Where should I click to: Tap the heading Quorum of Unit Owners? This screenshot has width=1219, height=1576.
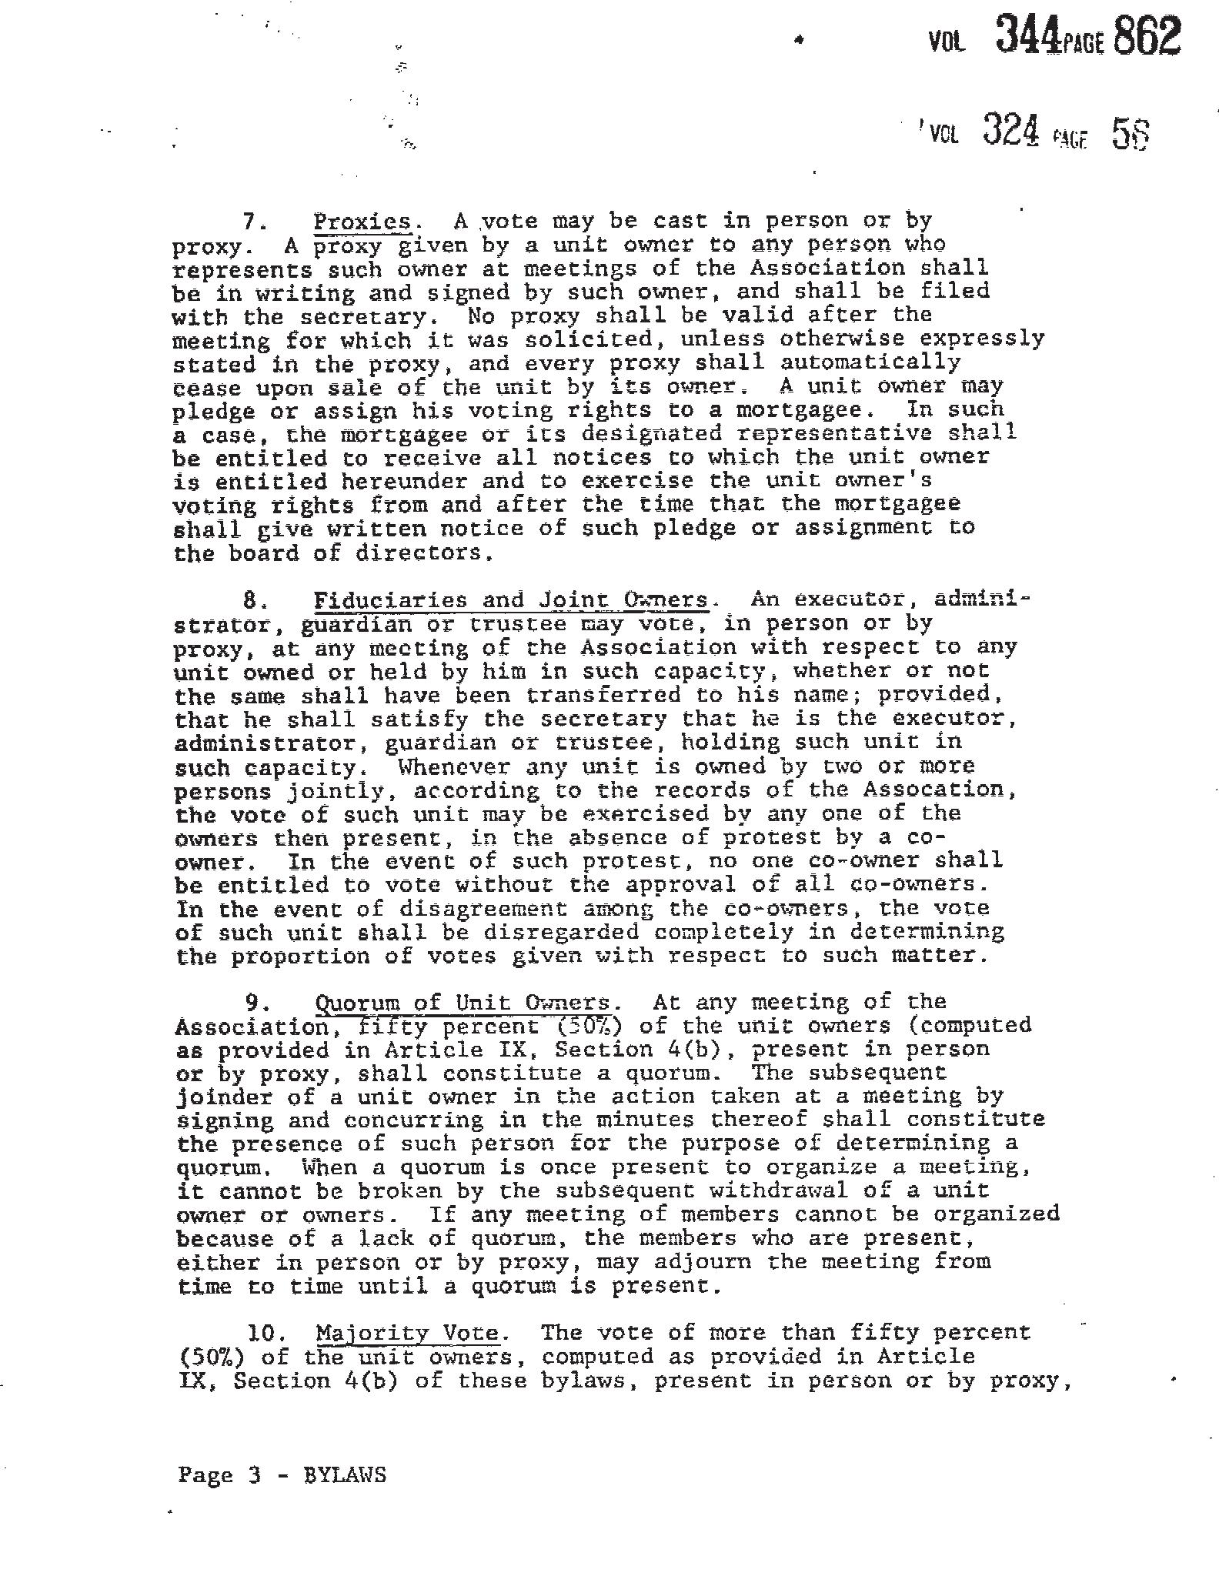[463, 1003]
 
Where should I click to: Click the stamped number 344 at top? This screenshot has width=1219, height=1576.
[1028, 35]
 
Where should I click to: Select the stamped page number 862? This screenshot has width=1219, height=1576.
[1147, 35]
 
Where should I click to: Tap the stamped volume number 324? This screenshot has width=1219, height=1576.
[1012, 131]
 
